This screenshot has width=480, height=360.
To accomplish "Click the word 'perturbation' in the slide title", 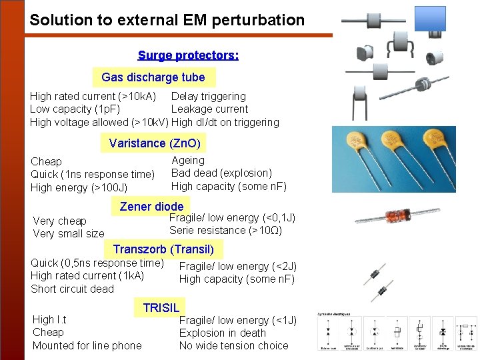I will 262,20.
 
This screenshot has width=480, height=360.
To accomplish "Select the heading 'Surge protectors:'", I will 188,55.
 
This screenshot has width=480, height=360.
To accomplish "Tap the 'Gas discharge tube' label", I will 153,77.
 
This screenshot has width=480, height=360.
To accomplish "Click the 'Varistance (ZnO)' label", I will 155,143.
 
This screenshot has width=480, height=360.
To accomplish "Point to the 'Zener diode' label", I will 151,207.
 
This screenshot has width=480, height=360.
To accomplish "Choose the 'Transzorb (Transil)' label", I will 163,250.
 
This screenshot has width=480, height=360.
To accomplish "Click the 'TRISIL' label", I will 161,307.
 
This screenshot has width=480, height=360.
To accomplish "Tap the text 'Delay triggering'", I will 208,97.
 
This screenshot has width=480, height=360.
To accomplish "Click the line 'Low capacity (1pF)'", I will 75,109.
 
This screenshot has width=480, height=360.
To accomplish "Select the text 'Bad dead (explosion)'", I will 221,173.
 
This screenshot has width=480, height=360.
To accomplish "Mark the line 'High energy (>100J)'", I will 79,188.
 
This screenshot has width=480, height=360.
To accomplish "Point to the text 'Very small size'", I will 69,234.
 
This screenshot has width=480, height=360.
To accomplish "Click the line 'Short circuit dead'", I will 72,289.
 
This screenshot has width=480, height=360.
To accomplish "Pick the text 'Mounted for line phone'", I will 87,345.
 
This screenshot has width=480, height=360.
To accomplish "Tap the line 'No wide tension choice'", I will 233,345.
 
